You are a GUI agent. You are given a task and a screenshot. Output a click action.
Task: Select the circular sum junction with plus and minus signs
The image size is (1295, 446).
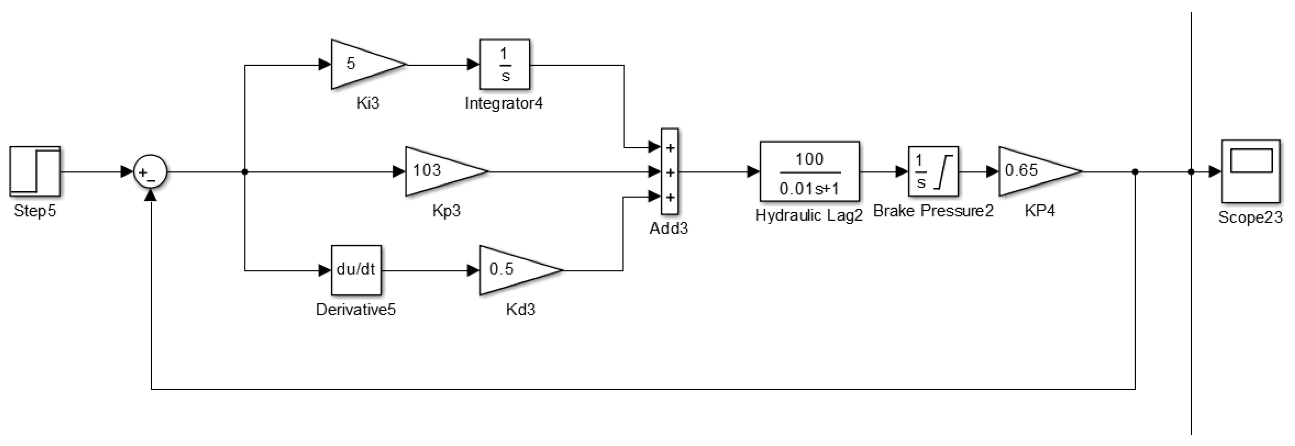(150, 172)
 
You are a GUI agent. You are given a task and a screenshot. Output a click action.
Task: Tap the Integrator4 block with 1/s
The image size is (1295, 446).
(504, 64)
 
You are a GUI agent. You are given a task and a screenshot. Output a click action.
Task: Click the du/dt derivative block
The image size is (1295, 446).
(356, 270)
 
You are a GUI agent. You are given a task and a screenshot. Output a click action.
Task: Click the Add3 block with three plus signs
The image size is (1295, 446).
(669, 172)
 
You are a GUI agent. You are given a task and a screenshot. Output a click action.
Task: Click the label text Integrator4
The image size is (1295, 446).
(504, 104)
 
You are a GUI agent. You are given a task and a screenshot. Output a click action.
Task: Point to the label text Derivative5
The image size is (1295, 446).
(355, 310)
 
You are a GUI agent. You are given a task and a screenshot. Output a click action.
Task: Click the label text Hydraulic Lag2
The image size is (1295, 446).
(809, 216)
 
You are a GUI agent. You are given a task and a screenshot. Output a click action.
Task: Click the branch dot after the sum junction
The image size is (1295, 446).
(245, 172)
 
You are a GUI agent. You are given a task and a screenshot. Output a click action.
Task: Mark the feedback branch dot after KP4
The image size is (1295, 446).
(1135, 172)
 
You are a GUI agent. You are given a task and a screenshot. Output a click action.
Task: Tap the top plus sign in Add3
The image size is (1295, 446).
(670, 148)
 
